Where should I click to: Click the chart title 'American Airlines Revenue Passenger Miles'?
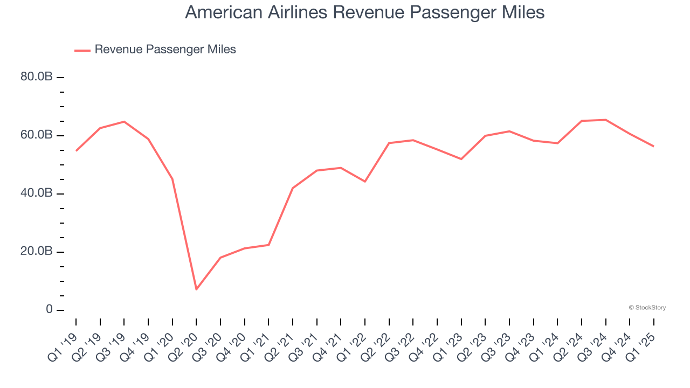pos(364,13)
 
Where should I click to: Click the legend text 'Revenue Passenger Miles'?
pos(165,50)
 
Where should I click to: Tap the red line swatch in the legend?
pos(82,50)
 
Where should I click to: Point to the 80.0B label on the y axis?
pos(37,77)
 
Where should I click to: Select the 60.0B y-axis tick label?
pos(37,135)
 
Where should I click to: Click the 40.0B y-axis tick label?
pos(37,193)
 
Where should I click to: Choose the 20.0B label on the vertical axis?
pos(37,252)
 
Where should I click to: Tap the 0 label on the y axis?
pos(49,310)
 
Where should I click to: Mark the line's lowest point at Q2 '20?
pos(196,289)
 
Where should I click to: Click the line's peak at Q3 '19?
pos(124,122)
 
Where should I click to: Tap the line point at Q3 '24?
pos(606,120)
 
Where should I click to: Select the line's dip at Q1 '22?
pos(365,182)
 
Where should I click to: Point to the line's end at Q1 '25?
pos(654,146)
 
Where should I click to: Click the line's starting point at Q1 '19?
pos(76,151)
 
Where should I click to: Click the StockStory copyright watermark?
pos(647,308)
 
